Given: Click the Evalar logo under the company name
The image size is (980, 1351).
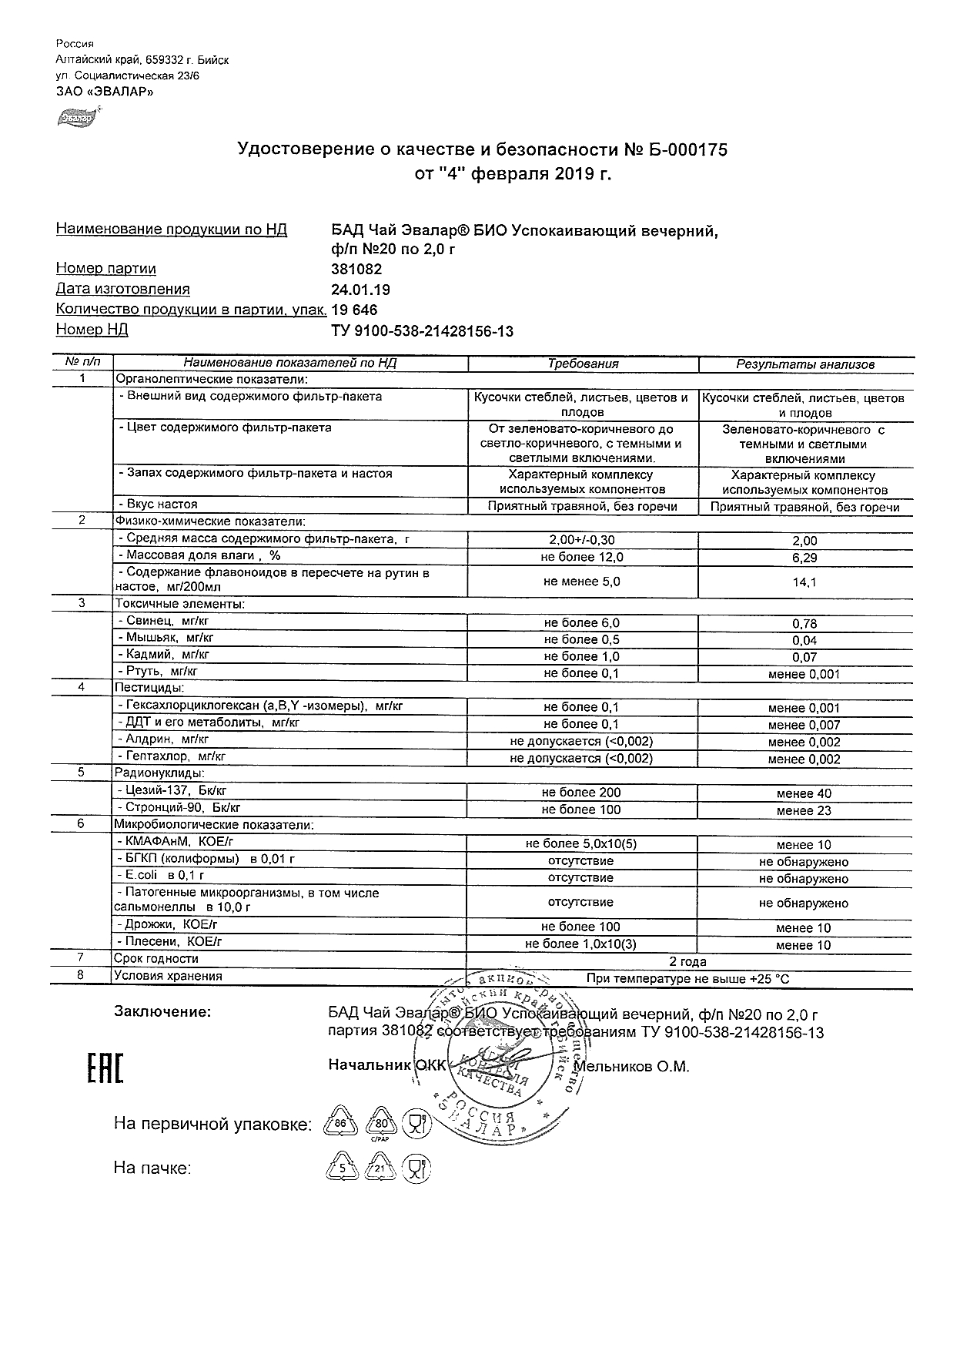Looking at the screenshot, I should click(x=75, y=118).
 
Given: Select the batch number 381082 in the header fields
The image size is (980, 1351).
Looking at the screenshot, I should click(x=356, y=270).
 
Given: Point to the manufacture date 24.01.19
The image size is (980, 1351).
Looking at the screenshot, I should click(x=360, y=290).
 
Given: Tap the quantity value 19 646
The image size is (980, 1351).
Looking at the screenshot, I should click(x=355, y=310).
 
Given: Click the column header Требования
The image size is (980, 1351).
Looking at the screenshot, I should click(x=583, y=364).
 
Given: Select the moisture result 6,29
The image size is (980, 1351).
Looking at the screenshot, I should click(x=805, y=558).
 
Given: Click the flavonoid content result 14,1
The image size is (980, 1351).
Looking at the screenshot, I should click(x=805, y=582).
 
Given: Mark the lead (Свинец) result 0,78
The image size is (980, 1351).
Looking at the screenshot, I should click(x=805, y=624).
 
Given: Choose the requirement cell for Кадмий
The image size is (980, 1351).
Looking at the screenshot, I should click(x=582, y=656).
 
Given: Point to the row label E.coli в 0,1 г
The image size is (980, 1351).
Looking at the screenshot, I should click(x=160, y=876).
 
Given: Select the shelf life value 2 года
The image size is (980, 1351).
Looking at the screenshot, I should click(x=688, y=961).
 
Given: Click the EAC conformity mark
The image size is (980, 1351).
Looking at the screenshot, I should click(x=104, y=1067).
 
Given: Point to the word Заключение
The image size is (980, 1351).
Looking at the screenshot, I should click(x=162, y=1012).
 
